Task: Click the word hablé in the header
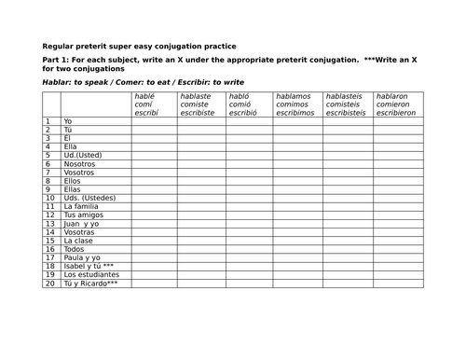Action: [145, 96]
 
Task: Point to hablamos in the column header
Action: [294, 96]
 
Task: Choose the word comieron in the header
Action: [394, 104]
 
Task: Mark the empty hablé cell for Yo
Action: [156, 121]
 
